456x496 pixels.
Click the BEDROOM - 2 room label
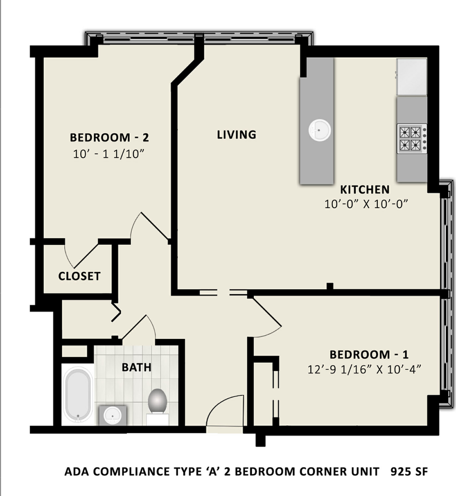coord(109,137)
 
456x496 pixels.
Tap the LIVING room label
coord(236,135)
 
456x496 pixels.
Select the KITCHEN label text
coord(364,190)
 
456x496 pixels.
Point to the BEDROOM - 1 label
coord(369,354)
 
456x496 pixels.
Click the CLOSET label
coord(79,276)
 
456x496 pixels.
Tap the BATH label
coord(136,367)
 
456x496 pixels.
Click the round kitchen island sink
coord(320,130)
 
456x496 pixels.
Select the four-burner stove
coord(412,139)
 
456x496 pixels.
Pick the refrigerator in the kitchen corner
coord(412,76)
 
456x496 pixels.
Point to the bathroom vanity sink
coord(113,415)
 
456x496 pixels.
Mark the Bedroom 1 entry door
coord(266,316)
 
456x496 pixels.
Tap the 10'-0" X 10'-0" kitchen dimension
coord(366,204)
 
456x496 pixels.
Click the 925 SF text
coord(409,472)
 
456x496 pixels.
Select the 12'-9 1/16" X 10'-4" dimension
coord(364,369)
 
